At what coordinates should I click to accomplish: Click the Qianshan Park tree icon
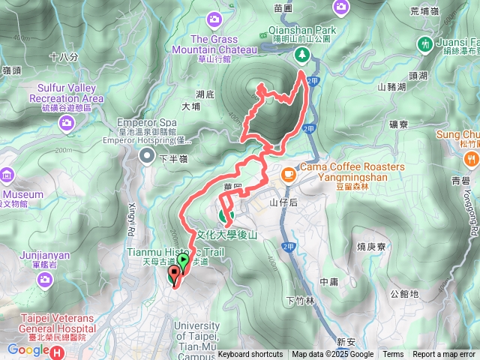tap(301, 54)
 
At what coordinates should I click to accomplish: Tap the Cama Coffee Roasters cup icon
tap(288, 174)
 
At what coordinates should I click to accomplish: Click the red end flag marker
tap(175, 276)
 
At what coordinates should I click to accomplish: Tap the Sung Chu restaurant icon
tap(469, 158)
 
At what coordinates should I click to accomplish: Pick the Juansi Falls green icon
tap(426, 43)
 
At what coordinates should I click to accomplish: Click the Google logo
tap(28, 349)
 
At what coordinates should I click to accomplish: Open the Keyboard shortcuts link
tap(250, 355)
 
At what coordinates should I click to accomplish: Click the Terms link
tap(393, 355)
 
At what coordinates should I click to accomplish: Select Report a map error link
tap(445, 355)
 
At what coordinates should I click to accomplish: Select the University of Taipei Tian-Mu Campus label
tap(196, 336)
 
